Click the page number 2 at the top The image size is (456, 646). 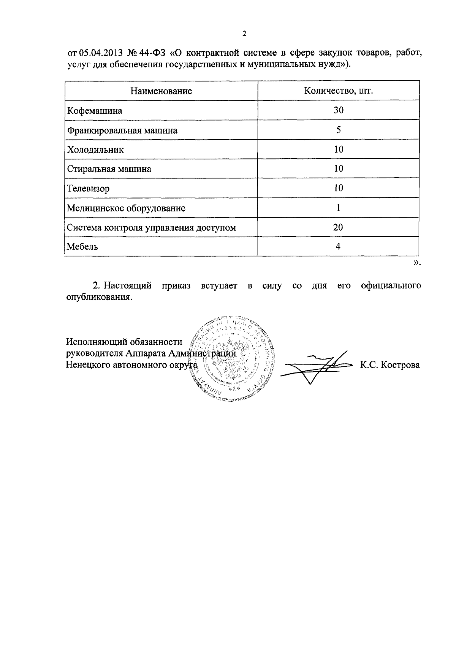coord(244,34)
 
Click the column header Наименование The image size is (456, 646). coord(161,91)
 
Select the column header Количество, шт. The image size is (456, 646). coord(338,91)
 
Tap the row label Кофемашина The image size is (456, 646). coord(95,111)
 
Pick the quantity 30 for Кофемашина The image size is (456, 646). coord(338,110)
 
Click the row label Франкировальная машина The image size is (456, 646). coord(122,130)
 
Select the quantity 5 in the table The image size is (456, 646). coord(338,130)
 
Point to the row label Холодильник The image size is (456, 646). coord(95,150)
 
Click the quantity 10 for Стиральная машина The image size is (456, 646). coord(338,169)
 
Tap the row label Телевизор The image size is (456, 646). coord(88,188)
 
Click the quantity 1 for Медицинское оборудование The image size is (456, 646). coord(338,208)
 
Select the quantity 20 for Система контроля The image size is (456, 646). coord(338,228)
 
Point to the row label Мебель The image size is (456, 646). coord(82,247)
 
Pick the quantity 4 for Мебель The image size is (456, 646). coord(338,247)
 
